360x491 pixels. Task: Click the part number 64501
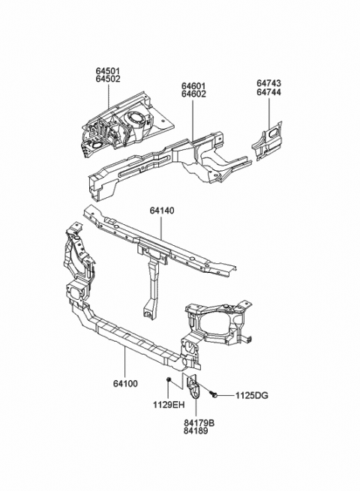tap(107, 71)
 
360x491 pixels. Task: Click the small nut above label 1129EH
tap(169, 383)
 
